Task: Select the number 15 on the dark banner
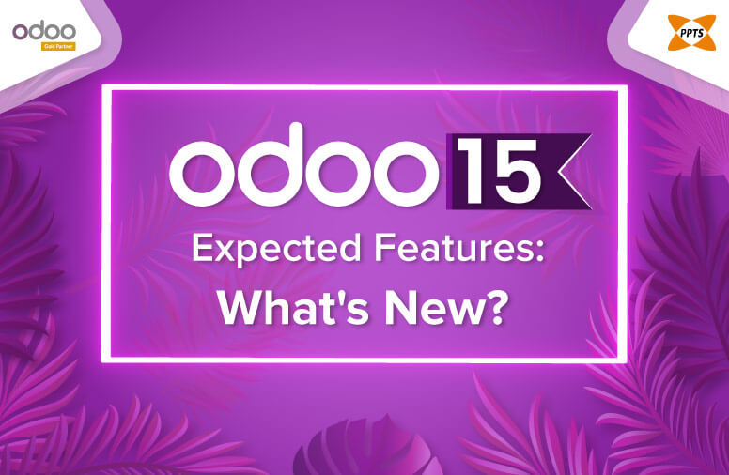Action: [498, 170]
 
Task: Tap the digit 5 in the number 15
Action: [515, 170]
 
